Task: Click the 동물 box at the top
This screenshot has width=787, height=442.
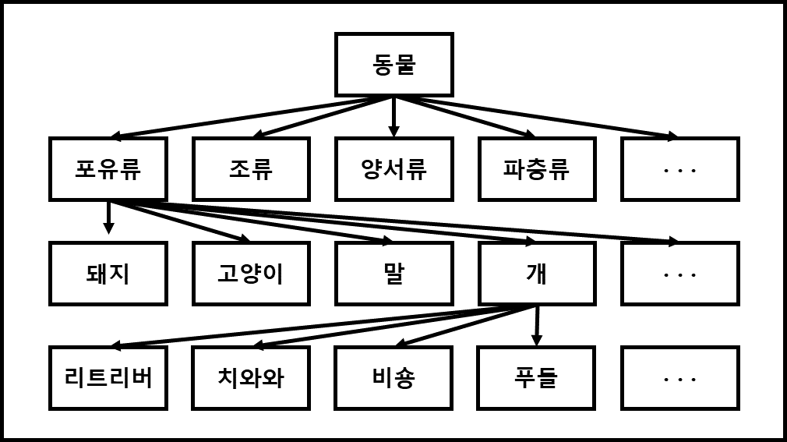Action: [x=393, y=65]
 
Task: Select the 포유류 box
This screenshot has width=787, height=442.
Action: [x=108, y=169]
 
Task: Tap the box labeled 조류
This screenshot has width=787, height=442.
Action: [x=251, y=169]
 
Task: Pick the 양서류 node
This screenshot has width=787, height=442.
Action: [x=393, y=169]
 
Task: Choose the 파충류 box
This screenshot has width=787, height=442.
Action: [x=537, y=169]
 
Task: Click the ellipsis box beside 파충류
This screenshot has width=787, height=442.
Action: [x=679, y=169]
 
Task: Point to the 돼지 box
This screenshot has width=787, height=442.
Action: [x=108, y=273]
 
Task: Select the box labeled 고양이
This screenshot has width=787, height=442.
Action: [x=251, y=273]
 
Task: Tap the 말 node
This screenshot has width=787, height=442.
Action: [x=393, y=273]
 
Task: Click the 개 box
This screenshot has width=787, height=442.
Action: [x=537, y=273]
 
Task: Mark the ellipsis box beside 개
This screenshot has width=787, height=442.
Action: [x=679, y=273]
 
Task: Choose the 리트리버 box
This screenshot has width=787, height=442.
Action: [x=108, y=377]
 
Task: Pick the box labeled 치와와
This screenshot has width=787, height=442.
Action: [x=251, y=377]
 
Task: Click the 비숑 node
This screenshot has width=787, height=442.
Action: [x=393, y=377]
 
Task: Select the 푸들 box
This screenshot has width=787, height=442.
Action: [x=537, y=377]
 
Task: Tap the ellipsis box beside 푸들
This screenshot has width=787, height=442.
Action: [x=679, y=377]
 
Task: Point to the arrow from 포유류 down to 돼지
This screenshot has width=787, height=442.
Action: [x=108, y=217]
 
